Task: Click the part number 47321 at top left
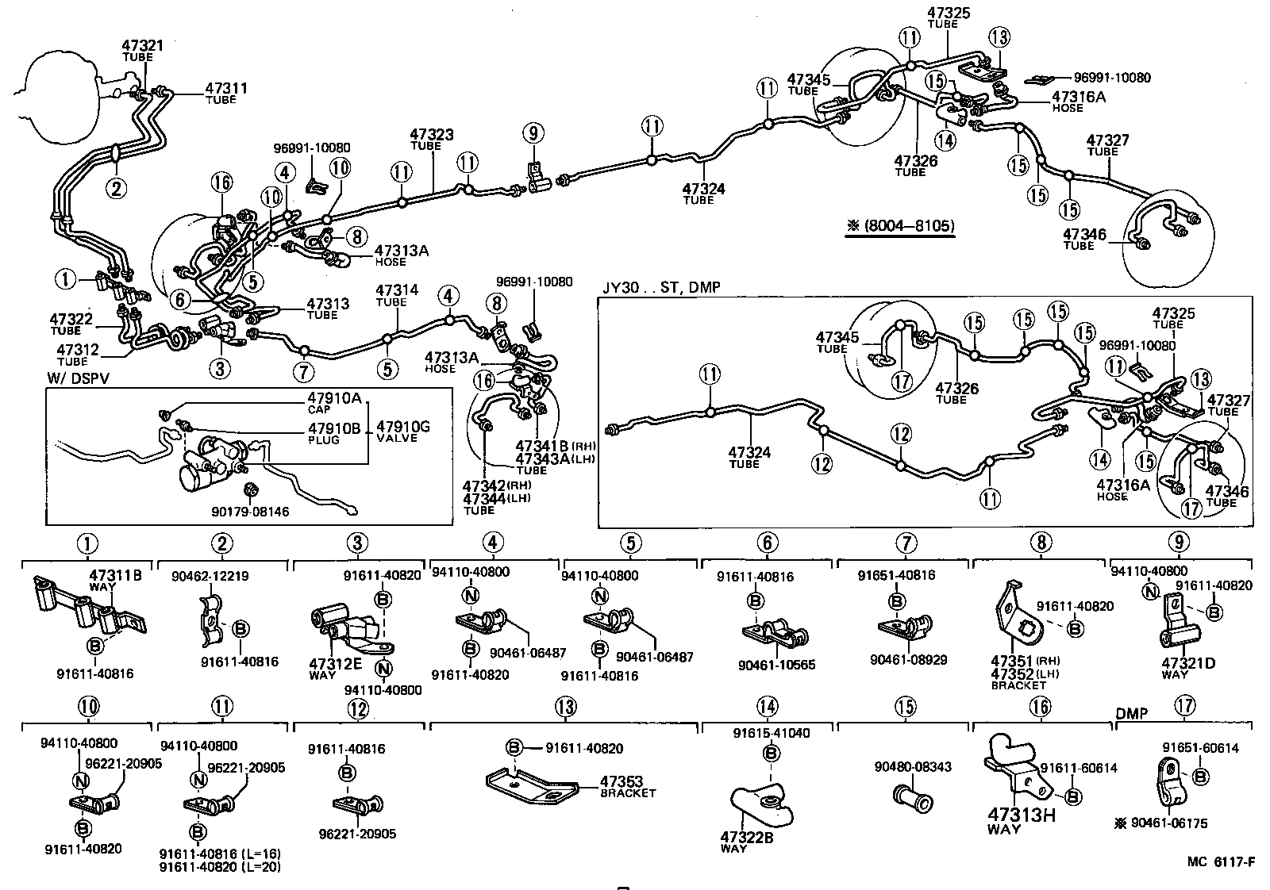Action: click(142, 46)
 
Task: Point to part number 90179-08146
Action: click(250, 512)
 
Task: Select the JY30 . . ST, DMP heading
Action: click(660, 286)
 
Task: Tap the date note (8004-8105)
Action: click(901, 226)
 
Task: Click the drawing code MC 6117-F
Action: click(1221, 861)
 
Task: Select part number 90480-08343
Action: click(913, 767)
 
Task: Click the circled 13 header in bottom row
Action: click(564, 706)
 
